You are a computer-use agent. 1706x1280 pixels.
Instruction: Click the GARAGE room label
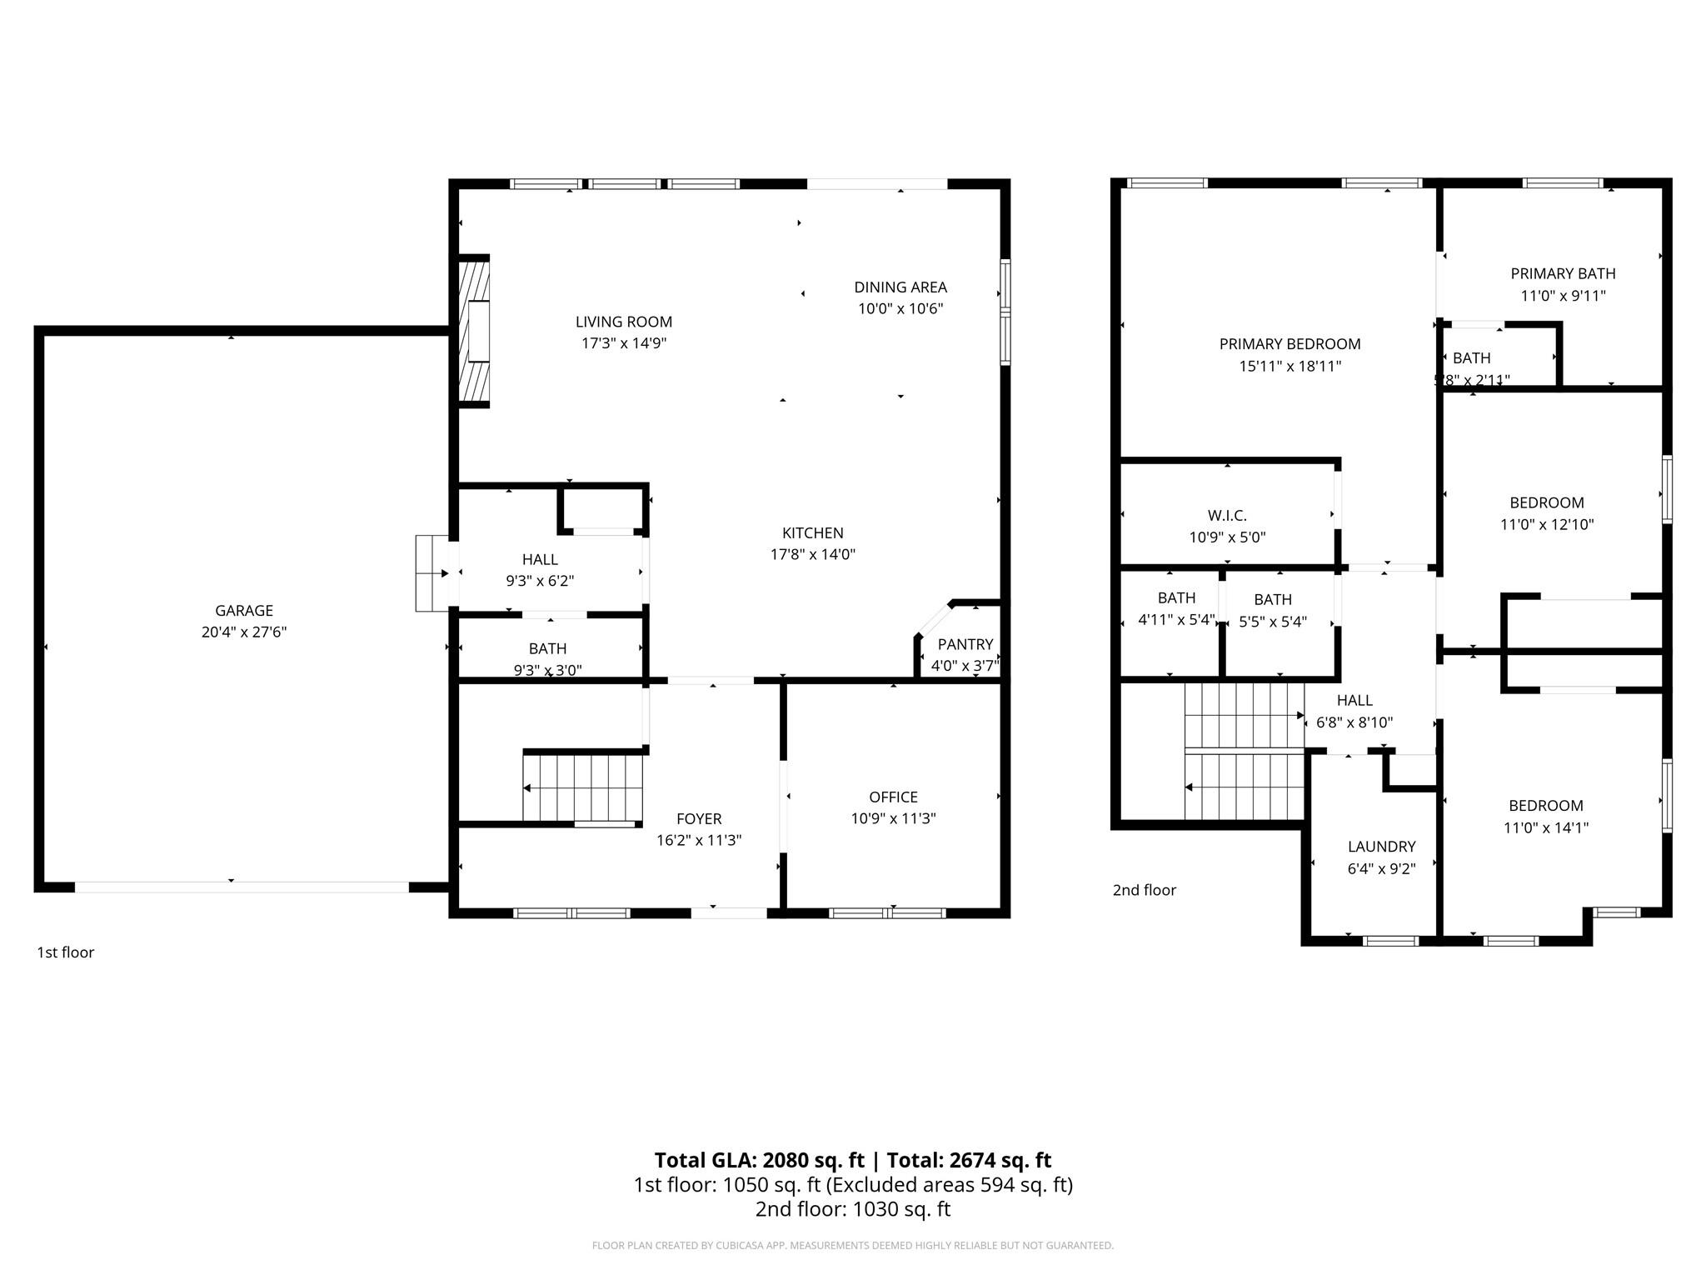(x=243, y=611)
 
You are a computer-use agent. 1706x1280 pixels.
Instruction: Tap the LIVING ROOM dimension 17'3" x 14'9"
(x=623, y=343)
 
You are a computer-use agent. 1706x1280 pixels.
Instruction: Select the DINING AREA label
(x=900, y=287)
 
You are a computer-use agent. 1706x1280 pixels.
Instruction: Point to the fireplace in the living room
(x=475, y=332)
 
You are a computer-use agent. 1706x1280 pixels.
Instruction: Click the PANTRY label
(x=965, y=644)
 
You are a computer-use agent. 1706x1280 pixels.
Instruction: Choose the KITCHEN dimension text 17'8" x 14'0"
(x=812, y=554)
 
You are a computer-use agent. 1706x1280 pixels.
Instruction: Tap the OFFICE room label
(x=893, y=797)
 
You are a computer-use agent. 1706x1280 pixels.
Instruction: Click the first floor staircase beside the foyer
(x=583, y=787)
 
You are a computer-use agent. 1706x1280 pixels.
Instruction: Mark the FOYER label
(x=698, y=819)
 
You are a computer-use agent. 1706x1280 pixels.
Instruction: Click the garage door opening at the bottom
(x=242, y=887)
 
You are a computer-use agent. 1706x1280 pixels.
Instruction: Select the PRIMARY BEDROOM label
(x=1289, y=344)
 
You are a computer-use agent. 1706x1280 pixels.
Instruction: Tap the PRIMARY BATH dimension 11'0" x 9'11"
(x=1563, y=296)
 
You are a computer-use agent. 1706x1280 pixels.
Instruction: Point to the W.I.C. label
(x=1227, y=516)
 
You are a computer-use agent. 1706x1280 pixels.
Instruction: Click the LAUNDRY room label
(x=1381, y=847)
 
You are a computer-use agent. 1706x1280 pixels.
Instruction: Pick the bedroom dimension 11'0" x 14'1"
(x=1545, y=827)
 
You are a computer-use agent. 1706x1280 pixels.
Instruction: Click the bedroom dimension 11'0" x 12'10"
(x=1546, y=524)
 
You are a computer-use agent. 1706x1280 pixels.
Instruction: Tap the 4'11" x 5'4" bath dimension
(x=1176, y=620)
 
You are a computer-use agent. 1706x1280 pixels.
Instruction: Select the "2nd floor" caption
(x=1144, y=890)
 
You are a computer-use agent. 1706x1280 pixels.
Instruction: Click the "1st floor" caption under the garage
(x=65, y=952)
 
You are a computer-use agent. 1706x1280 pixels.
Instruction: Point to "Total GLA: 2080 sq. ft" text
(x=759, y=1160)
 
